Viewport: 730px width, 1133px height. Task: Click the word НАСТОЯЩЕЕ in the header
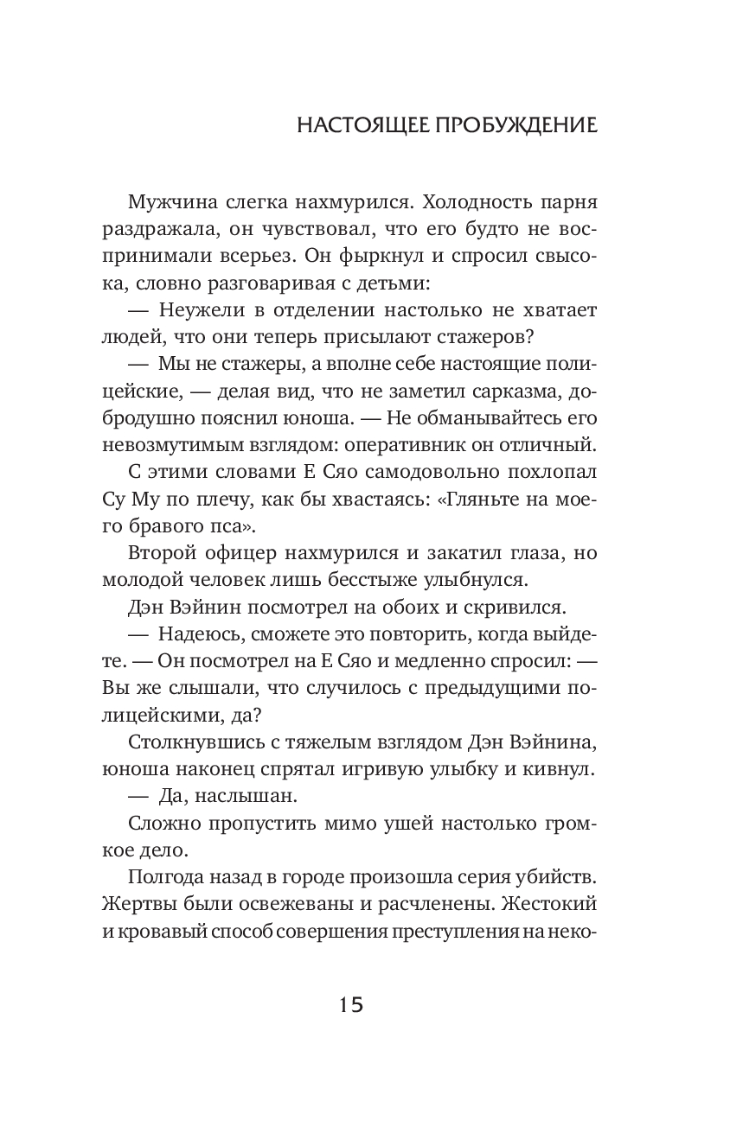(363, 125)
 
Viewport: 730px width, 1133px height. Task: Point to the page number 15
(351, 1005)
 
